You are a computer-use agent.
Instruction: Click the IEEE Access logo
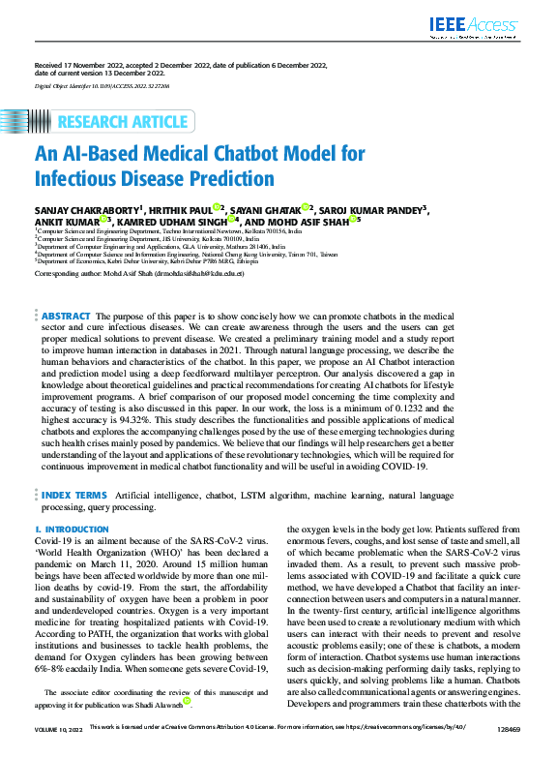click(476, 27)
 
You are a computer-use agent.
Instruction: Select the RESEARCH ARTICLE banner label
click(123, 121)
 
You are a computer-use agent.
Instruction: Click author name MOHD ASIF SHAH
click(308, 221)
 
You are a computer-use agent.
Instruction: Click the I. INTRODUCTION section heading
click(71, 530)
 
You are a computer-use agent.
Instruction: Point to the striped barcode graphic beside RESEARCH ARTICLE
click(38, 121)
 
